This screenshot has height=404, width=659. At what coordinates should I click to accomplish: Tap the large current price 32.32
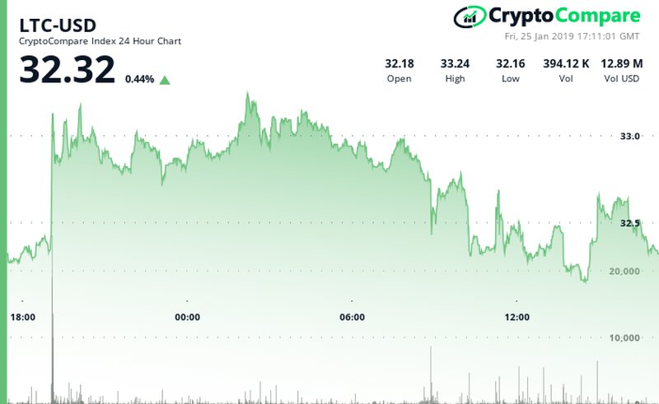(x=68, y=70)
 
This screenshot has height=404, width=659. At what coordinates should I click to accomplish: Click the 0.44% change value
(x=139, y=80)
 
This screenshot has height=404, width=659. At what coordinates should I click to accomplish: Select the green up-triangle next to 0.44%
(x=165, y=80)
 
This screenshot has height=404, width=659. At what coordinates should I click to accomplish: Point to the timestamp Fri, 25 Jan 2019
(x=572, y=36)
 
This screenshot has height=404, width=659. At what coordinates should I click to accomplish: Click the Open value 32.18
(x=400, y=63)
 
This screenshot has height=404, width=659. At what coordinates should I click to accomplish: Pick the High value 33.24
(x=454, y=63)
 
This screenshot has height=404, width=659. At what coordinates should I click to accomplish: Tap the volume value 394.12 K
(x=566, y=63)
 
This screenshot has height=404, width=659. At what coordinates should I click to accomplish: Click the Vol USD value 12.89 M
(x=620, y=63)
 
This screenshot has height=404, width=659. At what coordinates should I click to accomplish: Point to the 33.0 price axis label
(x=629, y=137)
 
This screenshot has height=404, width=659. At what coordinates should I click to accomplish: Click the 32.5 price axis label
(x=629, y=223)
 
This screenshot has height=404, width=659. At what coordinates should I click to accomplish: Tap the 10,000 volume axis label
(x=624, y=337)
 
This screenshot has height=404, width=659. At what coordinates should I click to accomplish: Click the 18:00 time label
(x=22, y=318)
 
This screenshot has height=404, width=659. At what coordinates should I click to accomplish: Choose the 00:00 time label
(x=187, y=318)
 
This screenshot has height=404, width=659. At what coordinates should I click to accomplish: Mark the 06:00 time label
(x=352, y=318)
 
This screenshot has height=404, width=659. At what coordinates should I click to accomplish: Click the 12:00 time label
(x=516, y=318)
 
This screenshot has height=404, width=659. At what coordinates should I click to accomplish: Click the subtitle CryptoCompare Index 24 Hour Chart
(x=100, y=41)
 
